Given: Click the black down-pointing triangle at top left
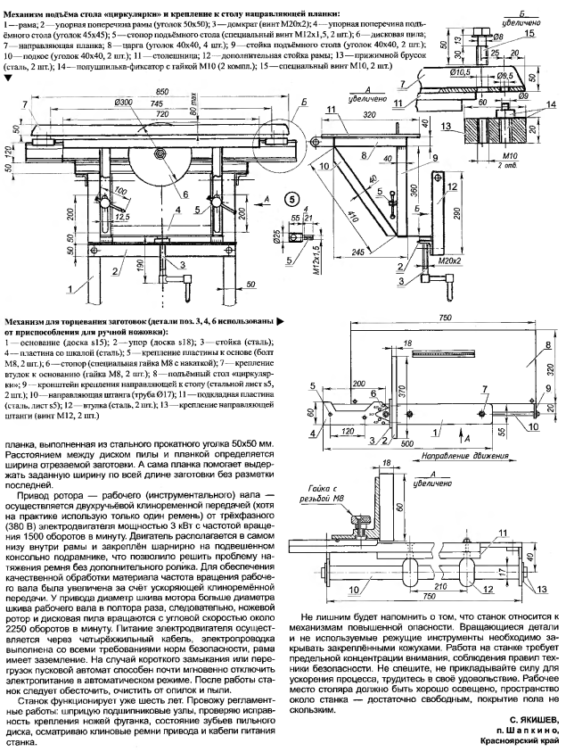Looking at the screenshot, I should pyautogui.click(x=9, y=78).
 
